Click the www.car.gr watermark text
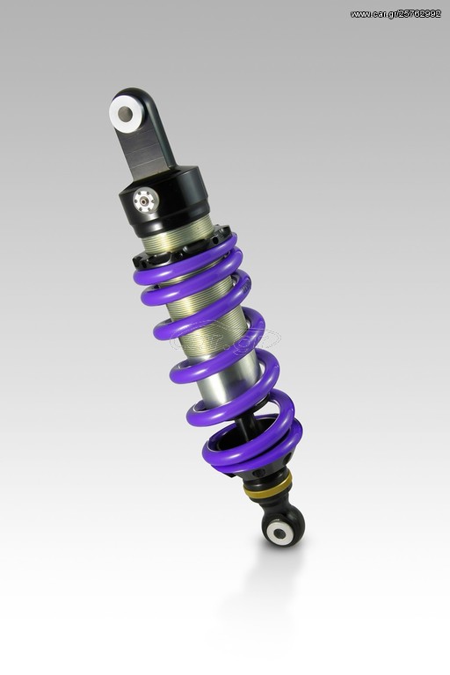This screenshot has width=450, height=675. [x=396, y=14]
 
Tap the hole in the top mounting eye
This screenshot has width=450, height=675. [x=126, y=114]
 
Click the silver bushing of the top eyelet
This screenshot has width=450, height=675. [x=126, y=114]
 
